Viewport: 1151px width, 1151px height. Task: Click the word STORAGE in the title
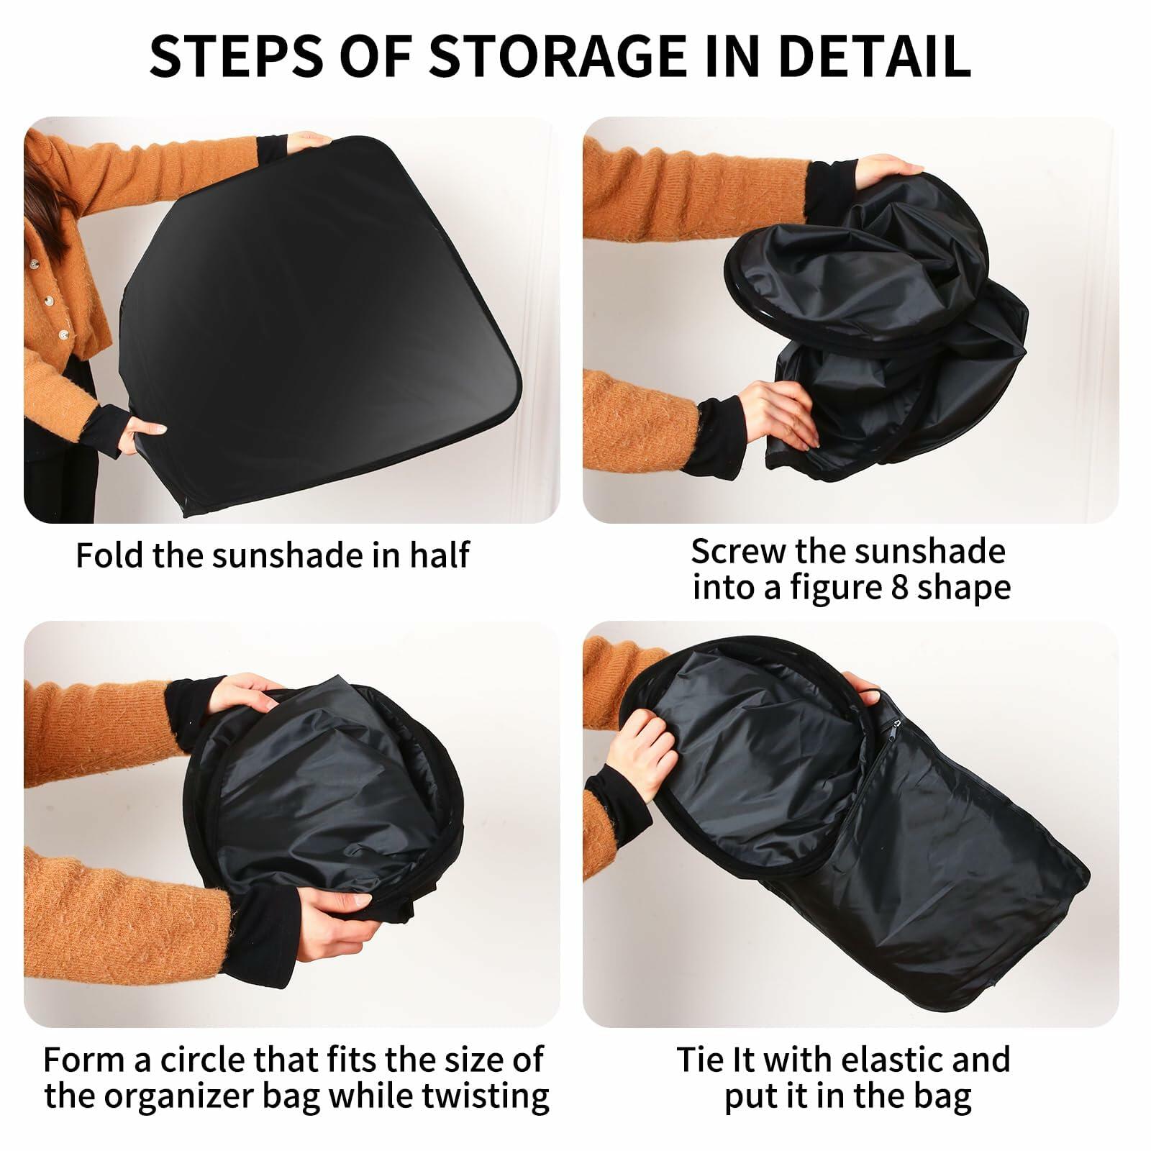(x=558, y=55)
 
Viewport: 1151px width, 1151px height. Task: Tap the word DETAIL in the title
(x=875, y=55)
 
